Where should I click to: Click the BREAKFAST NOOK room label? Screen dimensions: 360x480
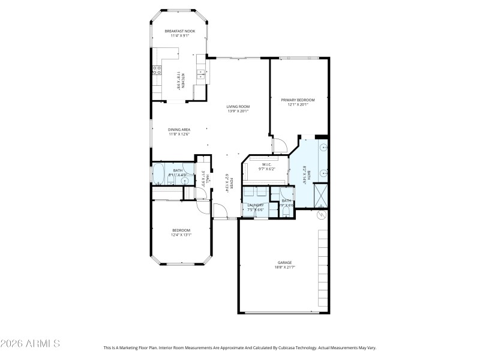point(179,30)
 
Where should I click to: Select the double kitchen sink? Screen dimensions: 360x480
point(201,75)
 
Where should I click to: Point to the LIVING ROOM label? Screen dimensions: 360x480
point(238,106)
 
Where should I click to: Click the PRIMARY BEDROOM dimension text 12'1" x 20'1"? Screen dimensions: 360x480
point(298,105)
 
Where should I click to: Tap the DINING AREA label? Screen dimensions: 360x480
point(179,129)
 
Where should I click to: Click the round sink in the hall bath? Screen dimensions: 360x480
point(185,179)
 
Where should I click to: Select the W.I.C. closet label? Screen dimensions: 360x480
point(267,164)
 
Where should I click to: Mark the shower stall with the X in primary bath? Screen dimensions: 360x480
point(320,194)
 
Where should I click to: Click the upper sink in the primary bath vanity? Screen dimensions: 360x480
point(323,147)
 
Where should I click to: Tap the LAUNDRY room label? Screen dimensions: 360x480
point(256,205)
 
